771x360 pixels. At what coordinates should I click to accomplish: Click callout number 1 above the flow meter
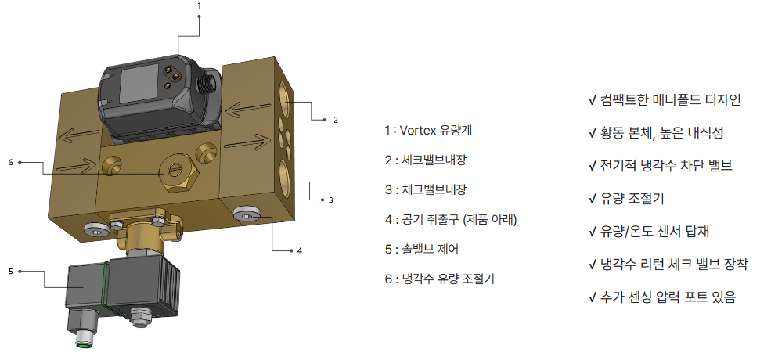[x=199, y=6]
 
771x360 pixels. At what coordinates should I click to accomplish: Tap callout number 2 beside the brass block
[x=336, y=120]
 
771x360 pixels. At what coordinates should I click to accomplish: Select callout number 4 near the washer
[x=300, y=250]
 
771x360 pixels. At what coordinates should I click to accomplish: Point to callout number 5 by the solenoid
[x=11, y=271]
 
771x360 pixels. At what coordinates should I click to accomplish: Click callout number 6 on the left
[x=10, y=162]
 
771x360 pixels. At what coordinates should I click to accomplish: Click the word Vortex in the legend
[x=416, y=131]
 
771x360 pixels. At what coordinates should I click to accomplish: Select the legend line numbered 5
[x=421, y=250]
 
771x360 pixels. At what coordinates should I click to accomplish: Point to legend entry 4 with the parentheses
[x=451, y=220]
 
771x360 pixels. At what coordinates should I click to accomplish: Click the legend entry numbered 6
[x=440, y=279]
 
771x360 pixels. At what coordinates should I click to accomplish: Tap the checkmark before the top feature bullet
[x=592, y=101]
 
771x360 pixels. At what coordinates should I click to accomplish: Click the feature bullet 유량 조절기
[x=626, y=199]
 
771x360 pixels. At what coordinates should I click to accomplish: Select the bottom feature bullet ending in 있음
[x=662, y=297]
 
